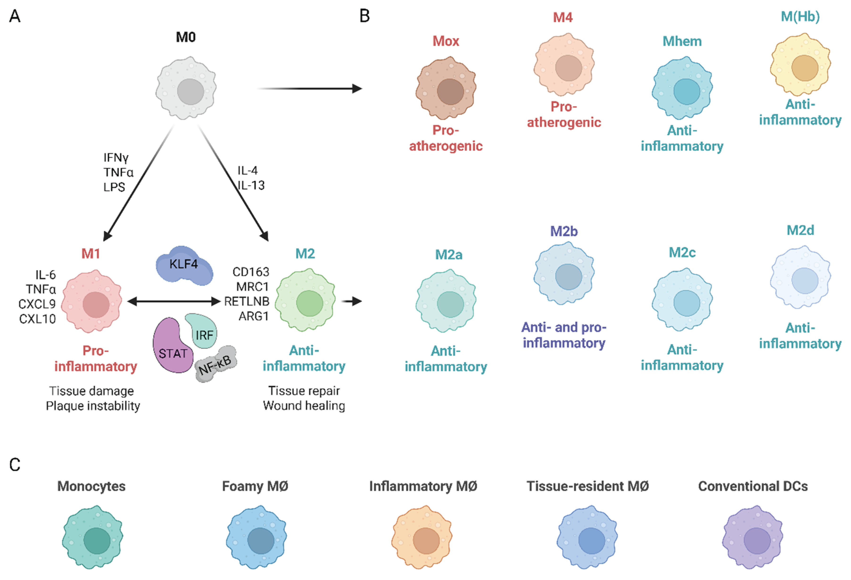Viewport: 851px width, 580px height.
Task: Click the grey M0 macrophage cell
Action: click(186, 88)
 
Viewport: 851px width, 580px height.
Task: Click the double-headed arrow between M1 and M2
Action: click(174, 301)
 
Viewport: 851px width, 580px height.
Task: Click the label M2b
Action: click(564, 232)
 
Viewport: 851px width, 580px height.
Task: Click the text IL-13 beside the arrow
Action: click(251, 185)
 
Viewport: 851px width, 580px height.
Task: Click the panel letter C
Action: click(15, 465)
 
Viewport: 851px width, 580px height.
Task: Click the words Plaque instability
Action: click(93, 406)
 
